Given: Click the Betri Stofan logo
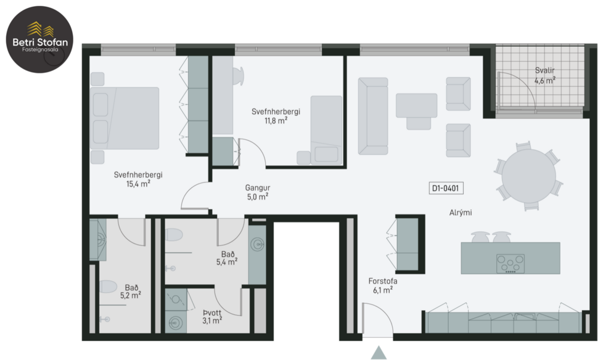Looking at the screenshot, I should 38,38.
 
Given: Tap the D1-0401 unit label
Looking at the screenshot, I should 445,189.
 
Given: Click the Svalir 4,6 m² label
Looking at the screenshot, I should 545,75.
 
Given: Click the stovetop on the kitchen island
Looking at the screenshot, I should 510,264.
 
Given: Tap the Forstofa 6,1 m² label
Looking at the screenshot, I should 383,285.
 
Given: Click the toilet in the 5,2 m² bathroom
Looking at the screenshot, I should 107,288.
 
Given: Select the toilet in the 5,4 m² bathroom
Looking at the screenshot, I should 174,235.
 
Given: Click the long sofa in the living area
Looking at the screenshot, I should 373,115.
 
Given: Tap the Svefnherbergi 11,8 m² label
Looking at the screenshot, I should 276,116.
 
